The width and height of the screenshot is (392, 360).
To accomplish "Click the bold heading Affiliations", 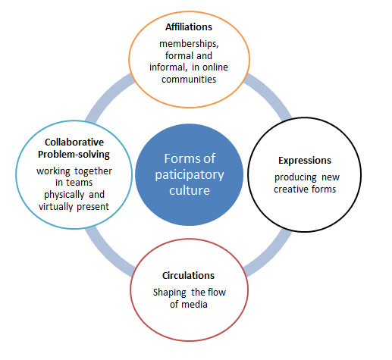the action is click(x=189, y=27).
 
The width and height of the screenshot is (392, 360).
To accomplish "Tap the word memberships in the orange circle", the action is click(x=189, y=44).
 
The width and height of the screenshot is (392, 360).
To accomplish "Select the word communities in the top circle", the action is click(x=189, y=80).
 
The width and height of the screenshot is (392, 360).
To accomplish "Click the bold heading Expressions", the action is click(x=305, y=161).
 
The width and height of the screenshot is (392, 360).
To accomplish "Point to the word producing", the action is click(x=296, y=177).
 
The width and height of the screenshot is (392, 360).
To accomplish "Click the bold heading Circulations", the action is click(x=188, y=275).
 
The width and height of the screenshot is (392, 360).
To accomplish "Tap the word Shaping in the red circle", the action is click(x=170, y=293).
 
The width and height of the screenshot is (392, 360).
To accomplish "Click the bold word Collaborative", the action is click(x=74, y=142).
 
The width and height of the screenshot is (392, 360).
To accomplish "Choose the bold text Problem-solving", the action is click(x=74, y=155).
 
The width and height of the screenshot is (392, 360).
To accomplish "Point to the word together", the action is click(x=93, y=171).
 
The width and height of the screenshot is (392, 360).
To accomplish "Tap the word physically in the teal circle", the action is click(x=64, y=195).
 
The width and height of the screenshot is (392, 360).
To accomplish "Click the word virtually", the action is click(x=55, y=207).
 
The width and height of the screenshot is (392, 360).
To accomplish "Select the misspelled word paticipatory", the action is click(x=190, y=175).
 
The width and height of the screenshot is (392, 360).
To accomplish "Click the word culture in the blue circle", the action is click(x=190, y=190).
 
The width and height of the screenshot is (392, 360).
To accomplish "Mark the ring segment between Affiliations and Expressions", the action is click(x=271, y=93).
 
